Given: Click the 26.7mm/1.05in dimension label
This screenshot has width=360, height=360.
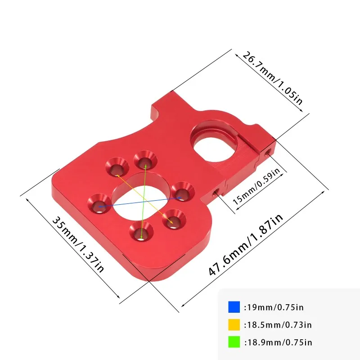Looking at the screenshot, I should [273, 78].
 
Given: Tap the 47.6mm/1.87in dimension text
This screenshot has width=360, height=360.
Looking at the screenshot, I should [246, 246].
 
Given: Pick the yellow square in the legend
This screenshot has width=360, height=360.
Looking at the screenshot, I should [234, 325].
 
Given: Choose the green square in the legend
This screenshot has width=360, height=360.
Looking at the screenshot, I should [234, 342].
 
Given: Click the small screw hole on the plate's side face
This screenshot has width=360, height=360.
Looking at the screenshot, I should [216, 193].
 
